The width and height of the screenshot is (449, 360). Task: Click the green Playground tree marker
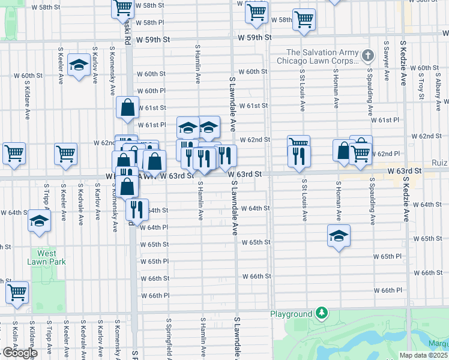tap(322, 313)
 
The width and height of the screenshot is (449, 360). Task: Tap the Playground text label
tap(291, 314)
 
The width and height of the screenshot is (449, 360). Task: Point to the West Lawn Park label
tap(46, 257)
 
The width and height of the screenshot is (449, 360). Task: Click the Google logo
tap(20, 353)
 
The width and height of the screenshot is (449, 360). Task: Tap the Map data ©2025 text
tap(423, 355)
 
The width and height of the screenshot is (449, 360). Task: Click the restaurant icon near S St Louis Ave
tap(298, 155)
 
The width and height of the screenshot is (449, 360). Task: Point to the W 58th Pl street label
tap(150, 22)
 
